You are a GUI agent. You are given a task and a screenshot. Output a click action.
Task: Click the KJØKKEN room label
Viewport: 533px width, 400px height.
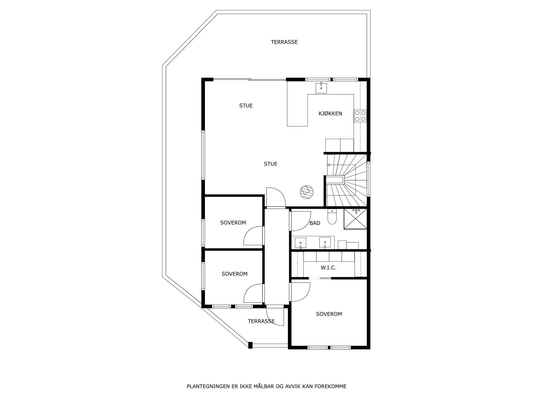[330, 114]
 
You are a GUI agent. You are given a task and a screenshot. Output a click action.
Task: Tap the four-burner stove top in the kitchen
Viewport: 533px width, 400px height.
[361, 116]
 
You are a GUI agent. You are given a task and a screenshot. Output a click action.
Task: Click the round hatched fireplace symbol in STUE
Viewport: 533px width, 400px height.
[306, 192]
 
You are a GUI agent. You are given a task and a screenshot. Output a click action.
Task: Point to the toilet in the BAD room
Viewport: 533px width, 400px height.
[332, 217]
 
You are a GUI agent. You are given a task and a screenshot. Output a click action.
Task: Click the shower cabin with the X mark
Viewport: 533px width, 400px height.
[355, 219]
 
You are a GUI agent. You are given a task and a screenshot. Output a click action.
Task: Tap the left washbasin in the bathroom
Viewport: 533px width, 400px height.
[301, 242]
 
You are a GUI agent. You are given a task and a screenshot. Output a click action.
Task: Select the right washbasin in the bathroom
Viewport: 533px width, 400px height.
[325, 242]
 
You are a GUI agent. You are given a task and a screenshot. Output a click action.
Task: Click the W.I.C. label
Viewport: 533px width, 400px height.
[328, 268]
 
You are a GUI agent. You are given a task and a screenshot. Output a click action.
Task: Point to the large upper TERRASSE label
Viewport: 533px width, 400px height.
[284, 42]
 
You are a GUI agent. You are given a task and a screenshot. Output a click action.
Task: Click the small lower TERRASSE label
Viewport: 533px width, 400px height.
[261, 321]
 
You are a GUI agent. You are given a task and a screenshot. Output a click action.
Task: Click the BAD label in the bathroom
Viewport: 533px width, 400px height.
[314, 223]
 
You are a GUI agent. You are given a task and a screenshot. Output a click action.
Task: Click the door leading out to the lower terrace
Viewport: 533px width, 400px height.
[275, 317]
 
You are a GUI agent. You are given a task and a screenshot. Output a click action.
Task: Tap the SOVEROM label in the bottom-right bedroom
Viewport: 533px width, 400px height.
[329, 314]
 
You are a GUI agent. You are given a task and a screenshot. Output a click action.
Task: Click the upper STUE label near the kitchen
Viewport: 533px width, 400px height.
[246, 106]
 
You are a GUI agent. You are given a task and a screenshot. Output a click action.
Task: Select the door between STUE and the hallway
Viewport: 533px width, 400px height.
[276, 198]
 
